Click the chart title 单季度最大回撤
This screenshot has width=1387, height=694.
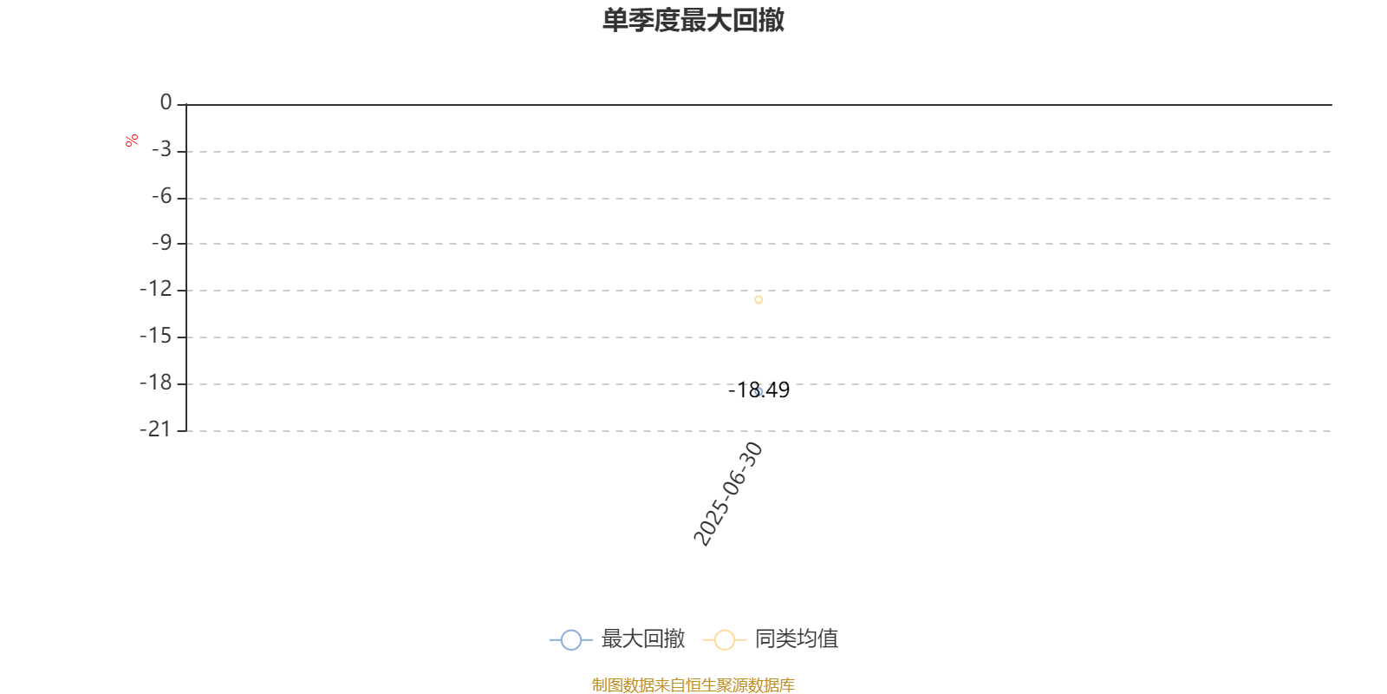[x=693, y=20]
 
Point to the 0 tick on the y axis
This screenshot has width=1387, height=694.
[x=166, y=102]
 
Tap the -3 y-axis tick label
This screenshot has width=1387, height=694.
[x=161, y=149]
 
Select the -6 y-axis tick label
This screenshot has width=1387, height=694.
[x=161, y=196]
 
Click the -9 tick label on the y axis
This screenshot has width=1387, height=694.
[x=161, y=243]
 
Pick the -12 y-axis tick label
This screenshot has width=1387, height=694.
[x=155, y=289]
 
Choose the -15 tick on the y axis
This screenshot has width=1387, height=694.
[x=155, y=336]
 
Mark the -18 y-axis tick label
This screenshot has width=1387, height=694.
[x=155, y=383]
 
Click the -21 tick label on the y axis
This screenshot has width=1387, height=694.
[x=155, y=429]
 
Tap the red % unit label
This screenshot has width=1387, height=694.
[x=131, y=141]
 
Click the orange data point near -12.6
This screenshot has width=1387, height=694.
[x=759, y=300]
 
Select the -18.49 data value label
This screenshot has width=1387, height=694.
[x=759, y=390]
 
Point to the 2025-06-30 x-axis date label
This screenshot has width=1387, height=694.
[x=727, y=494]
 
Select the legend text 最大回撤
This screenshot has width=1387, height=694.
[x=642, y=638]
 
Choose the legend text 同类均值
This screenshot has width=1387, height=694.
[x=797, y=638]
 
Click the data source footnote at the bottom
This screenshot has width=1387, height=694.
[x=693, y=684]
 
